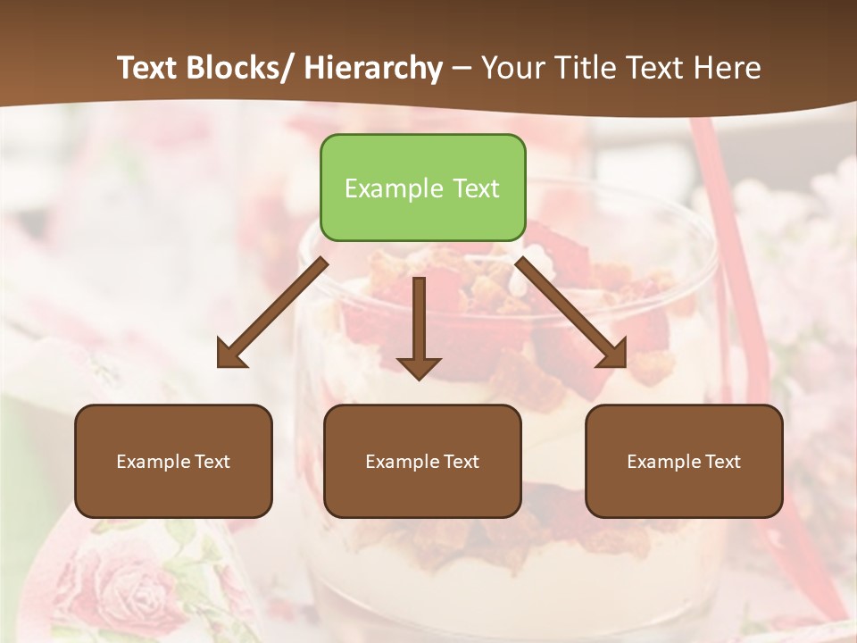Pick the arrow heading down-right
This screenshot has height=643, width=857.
click(x=571, y=313)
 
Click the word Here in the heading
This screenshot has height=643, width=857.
click(x=728, y=68)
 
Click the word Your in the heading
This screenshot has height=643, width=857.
click(x=512, y=68)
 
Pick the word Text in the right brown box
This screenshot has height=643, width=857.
click(x=722, y=462)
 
